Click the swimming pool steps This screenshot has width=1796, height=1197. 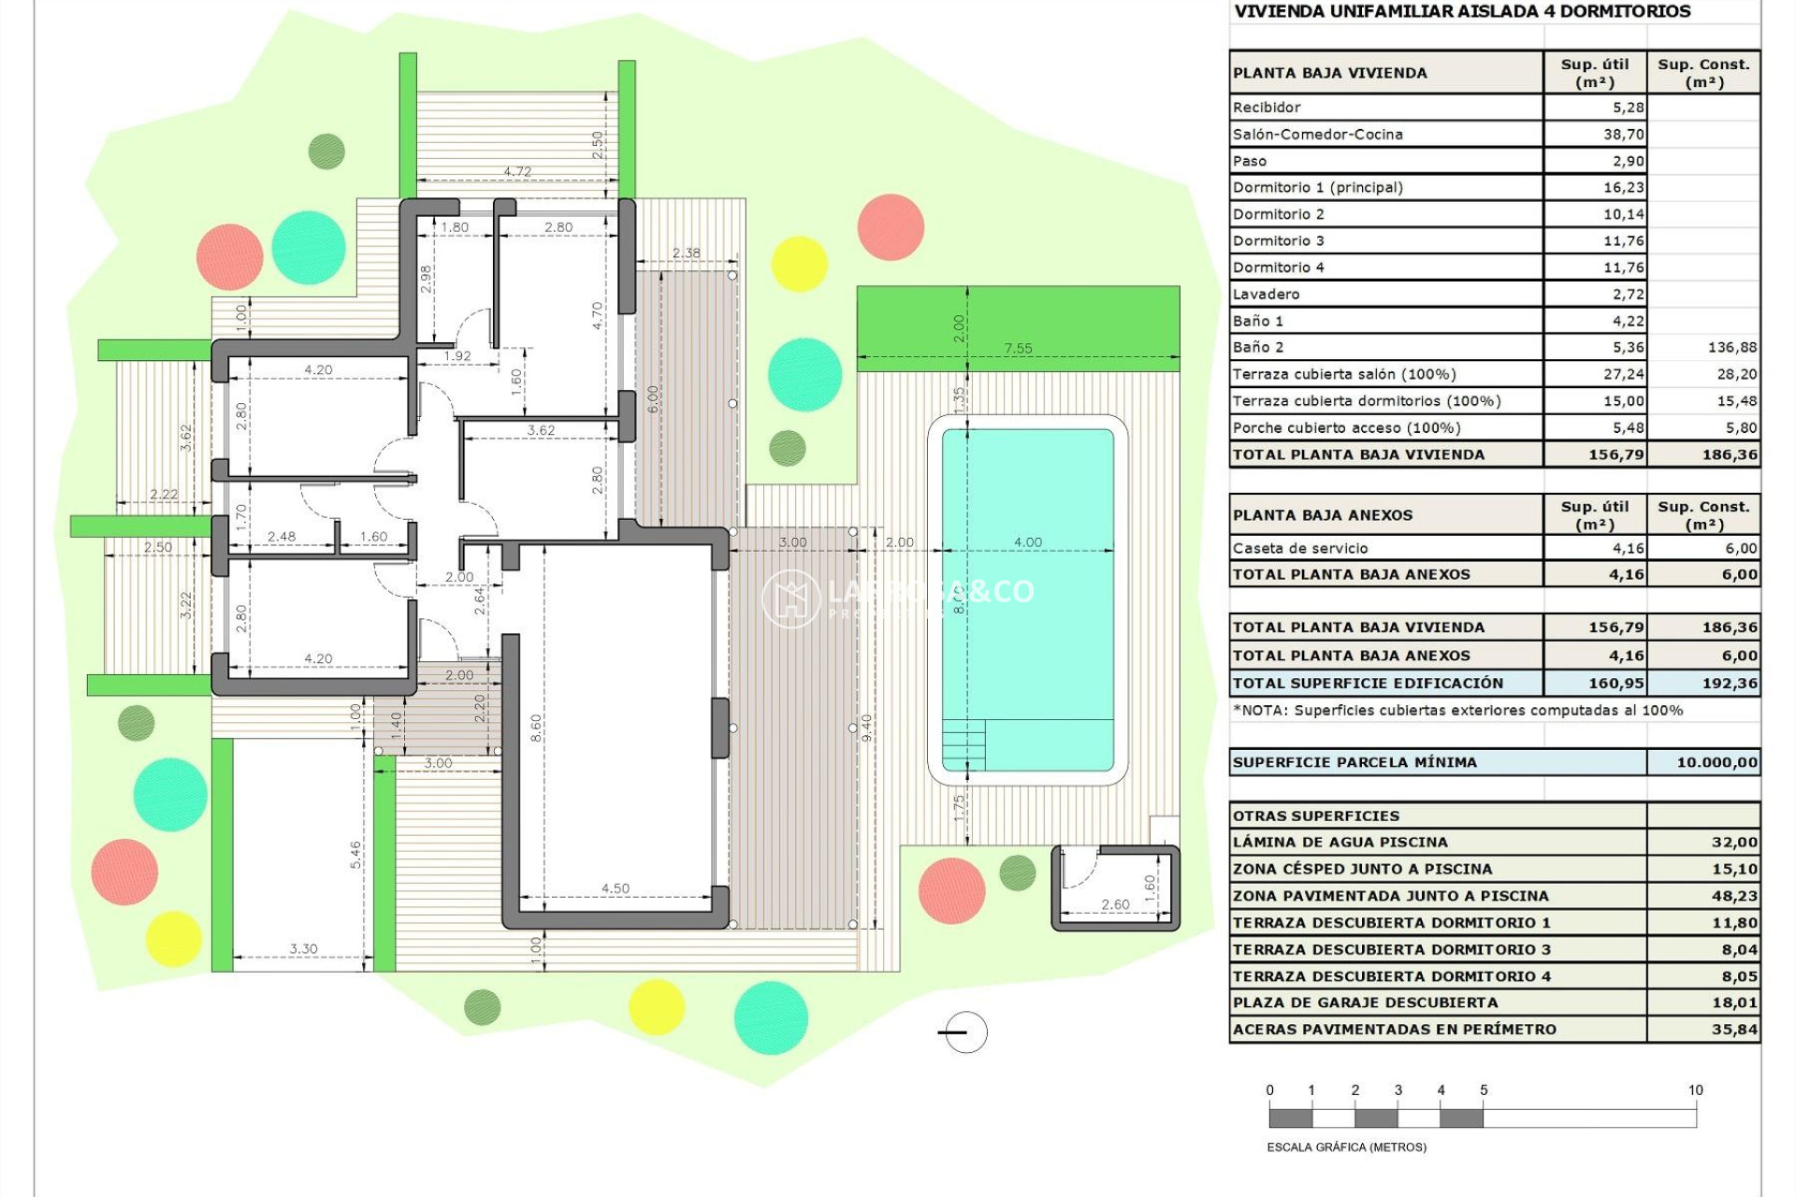pos(963,743)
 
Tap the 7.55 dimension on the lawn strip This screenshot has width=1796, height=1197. pos(1018,349)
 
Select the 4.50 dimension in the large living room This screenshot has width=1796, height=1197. pos(615,888)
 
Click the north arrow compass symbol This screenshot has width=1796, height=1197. pos(964,1032)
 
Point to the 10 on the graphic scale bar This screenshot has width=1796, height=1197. pos(1695,1090)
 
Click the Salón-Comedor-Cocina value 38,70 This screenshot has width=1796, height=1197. pos(1623,134)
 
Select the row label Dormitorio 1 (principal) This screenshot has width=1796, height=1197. pos(1317,187)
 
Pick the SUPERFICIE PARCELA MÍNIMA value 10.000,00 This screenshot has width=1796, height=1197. pos(1716,762)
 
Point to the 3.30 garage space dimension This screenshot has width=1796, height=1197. pos(303,948)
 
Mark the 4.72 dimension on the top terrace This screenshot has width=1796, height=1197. pos(516,171)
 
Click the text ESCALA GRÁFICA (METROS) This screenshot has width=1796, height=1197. pos(1346,1147)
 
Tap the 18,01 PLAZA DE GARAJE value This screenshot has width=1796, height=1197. pos(1734,1002)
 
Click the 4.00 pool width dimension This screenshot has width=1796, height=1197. pos(1027,542)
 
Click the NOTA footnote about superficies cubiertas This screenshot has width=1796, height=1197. pos(1457,711)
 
